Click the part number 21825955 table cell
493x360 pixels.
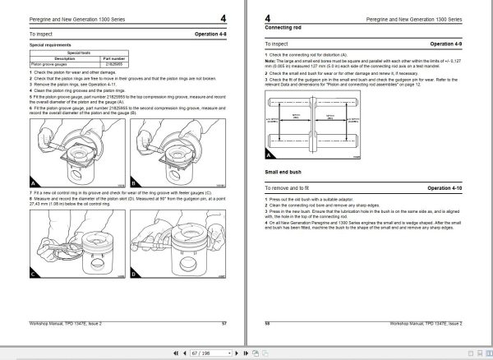(x=114, y=63)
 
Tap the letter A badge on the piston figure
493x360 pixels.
(x=33, y=182)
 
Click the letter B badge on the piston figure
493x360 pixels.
(x=136, y=182)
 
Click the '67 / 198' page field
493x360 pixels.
(x=246, y=353)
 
